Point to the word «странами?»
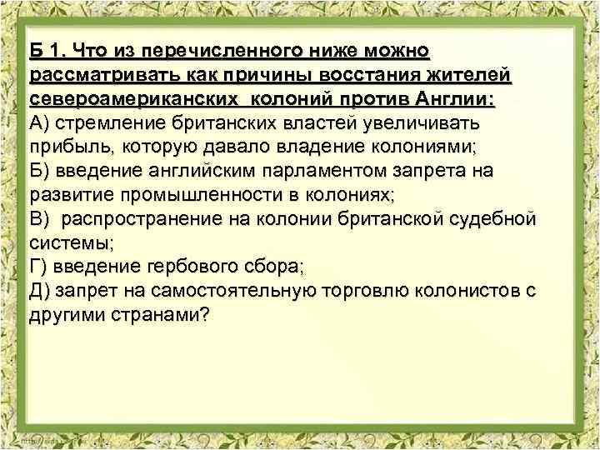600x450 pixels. pos(162,316)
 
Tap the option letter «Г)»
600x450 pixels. pos(38,268)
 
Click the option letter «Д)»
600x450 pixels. pos(41,292)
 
